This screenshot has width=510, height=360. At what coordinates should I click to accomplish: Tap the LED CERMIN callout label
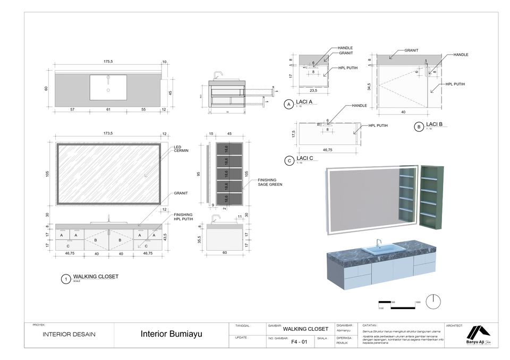tap(182, 149)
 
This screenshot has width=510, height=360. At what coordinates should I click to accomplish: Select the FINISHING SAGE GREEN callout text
tap(270, 182)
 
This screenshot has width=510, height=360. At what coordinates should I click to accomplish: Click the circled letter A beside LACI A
tap(288, 105)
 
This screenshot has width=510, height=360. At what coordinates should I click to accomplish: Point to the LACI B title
tap(434, 124)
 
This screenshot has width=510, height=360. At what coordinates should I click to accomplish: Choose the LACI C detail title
tap(305, 159)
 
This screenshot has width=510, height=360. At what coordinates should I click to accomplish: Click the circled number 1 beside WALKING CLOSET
tap(65, 279)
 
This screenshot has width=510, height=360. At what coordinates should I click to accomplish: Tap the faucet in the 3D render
tap(379, 242)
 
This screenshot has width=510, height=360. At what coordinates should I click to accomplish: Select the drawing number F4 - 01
tap(300, 342)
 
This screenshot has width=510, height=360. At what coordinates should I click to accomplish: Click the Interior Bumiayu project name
tap(172, 335)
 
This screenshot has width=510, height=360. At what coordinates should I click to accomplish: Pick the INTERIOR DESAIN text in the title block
tap(70, 335)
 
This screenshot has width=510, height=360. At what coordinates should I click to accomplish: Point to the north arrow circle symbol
tap(433, 300)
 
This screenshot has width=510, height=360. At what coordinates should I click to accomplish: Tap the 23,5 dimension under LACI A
tap(313, 91)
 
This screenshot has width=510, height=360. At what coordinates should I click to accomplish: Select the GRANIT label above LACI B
tap(411, 50)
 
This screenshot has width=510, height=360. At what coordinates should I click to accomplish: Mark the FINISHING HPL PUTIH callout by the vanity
tap(183, 217)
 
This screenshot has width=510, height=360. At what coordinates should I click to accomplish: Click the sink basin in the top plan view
tap(108, 87)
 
